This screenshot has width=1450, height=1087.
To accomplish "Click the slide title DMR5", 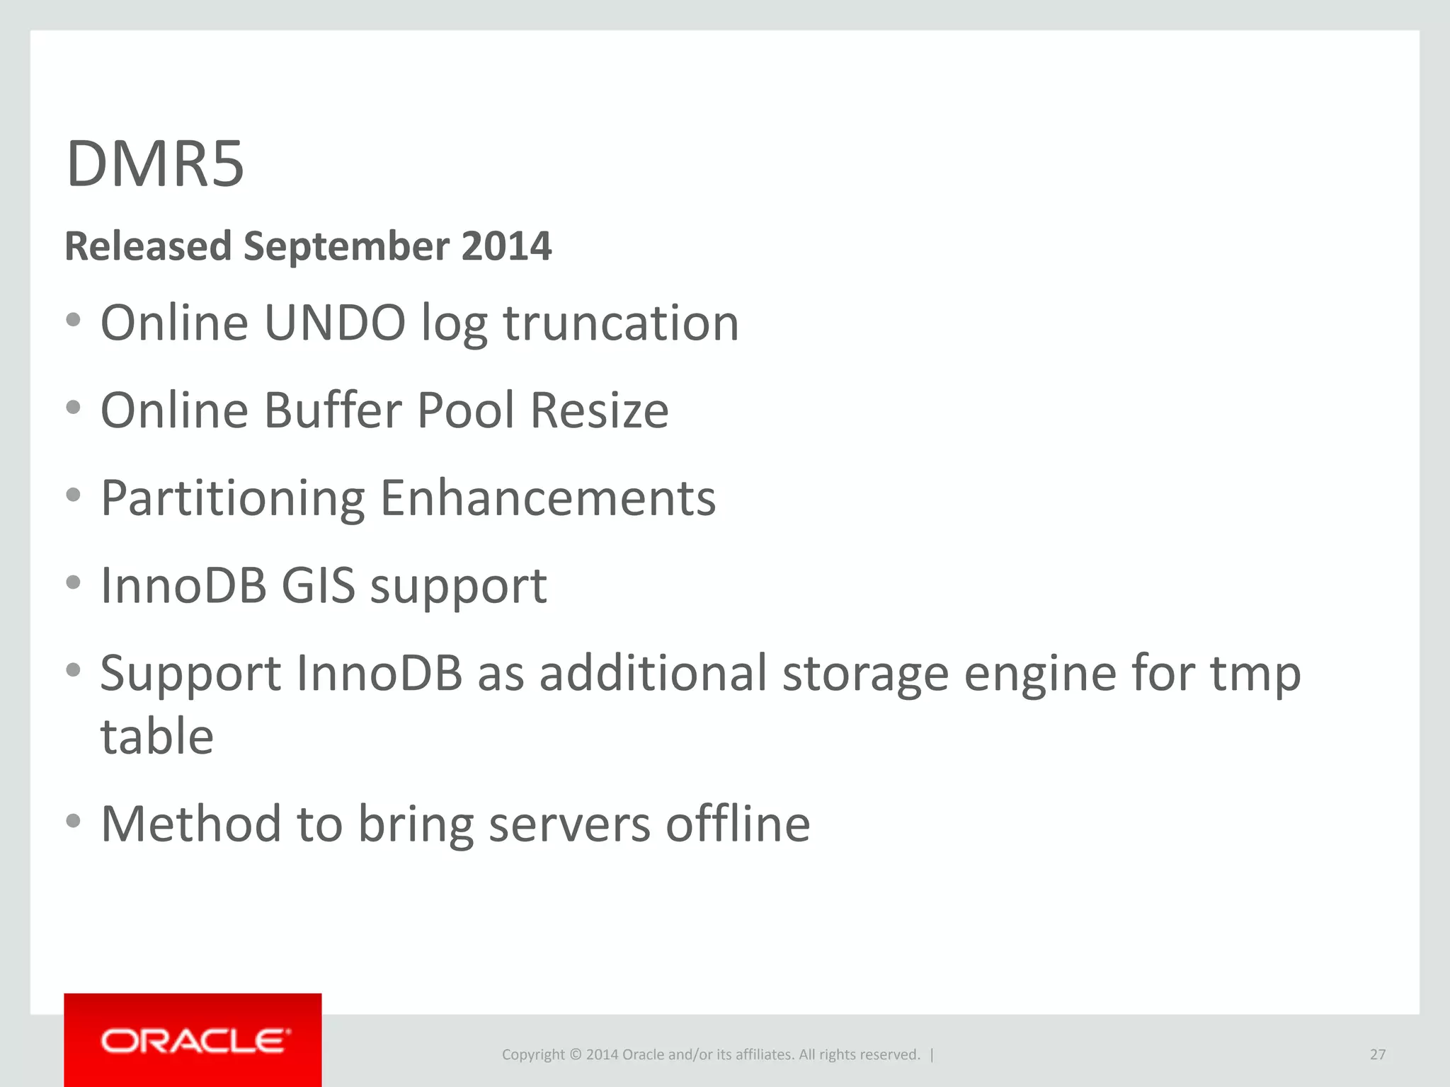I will [155, 164].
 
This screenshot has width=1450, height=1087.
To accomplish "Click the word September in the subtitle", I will [347, 246].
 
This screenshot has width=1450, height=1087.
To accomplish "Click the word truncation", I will [621, 323].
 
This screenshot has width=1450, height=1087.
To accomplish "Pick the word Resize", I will [599, 410].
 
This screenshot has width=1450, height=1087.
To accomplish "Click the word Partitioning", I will [233, 499].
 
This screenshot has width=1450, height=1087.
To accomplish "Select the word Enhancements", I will [548, 498].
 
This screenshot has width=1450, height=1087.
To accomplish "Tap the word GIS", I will [318, 585].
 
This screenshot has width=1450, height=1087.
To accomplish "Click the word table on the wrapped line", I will [157, 736].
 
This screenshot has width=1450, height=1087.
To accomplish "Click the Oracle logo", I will [193, 1040].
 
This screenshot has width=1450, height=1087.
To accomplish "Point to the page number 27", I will [1377, 1054].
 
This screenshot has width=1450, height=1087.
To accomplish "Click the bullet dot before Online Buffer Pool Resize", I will [73, 407].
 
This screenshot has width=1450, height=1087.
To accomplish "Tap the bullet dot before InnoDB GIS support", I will [73, 582].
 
